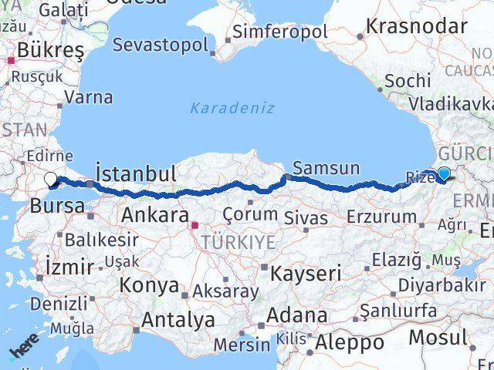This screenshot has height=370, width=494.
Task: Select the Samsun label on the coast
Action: pyautogui.click(x=327, y=168)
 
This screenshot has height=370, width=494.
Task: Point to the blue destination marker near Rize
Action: pyautogui.click(x=445, y=175)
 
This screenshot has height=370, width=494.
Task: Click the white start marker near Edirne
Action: pyautogui.click(x=51, y=180)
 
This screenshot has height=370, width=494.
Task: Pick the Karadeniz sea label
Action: pyautogui.click(x=232, y=108)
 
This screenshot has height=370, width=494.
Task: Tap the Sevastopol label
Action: pyautogui.click(x=160, y=44)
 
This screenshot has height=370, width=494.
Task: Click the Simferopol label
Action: pyautogui.click(x=280, y=32)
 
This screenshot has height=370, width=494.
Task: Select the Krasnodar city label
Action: pyautogui.click(x=416, y=26)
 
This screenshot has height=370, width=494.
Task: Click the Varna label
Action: pyautogui.click(x=89, y=98)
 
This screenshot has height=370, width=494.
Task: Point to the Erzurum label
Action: pyautogui.click(x=381, y=217)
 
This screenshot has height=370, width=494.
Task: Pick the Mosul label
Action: pyautogui.click(x=437, y=337)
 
